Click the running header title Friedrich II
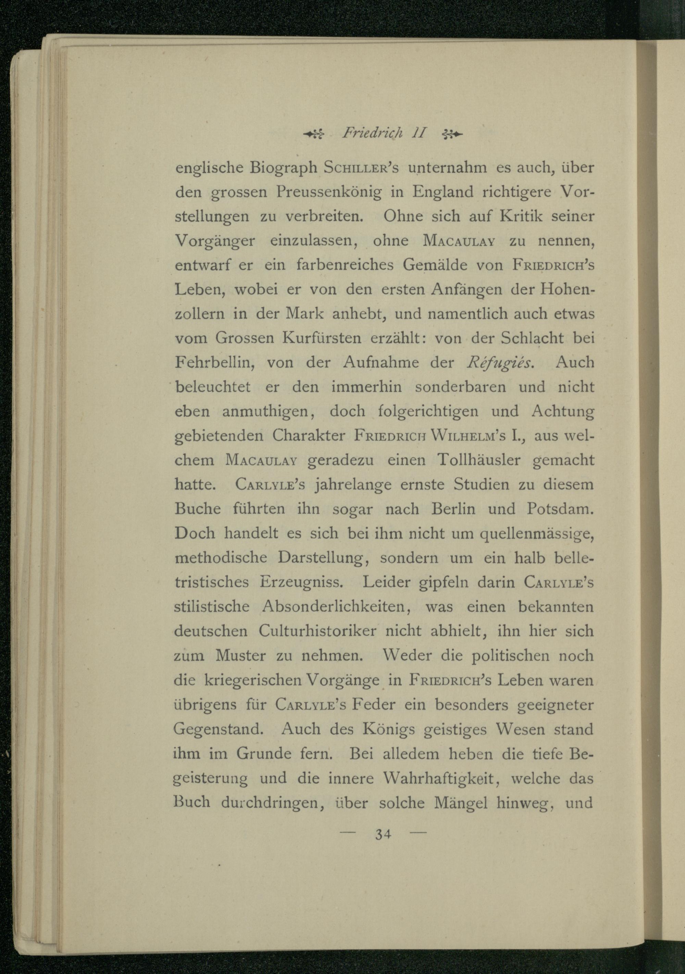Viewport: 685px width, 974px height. click(x=383, y=134)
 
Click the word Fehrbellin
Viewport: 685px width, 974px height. click(x=214, y=363)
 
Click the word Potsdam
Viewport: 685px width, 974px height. click(x=560, y=509)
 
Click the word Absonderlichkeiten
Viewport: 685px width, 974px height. click(x=336, y=607)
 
